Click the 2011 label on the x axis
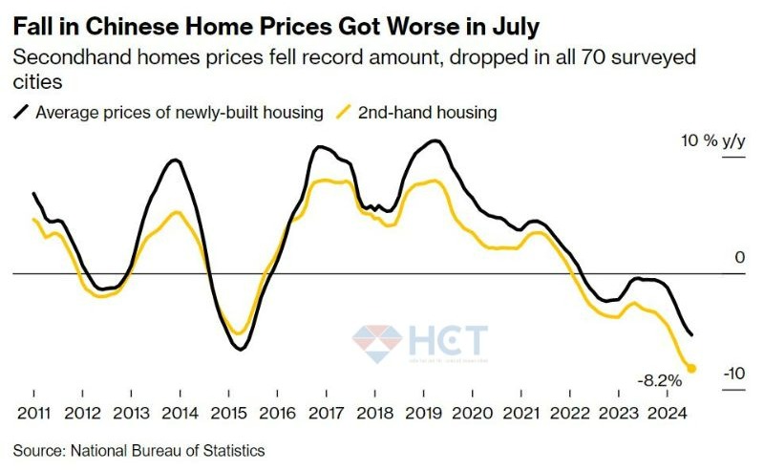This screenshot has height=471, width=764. click(33, 416)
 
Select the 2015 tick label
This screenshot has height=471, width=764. click(228, 416)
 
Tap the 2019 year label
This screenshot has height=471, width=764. click(423, 416)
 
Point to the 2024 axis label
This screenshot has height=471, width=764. click(665, 416)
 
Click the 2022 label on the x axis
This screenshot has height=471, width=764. click(568, 416)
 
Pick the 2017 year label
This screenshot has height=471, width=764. click(326, 416)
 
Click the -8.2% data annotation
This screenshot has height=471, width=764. click(660, 380)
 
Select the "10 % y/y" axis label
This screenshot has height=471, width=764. click(712, 141)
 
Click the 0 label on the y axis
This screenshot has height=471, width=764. click(738, 258)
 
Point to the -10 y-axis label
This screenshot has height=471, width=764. click(733, 373)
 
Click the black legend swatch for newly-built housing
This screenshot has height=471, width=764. click(21, 113)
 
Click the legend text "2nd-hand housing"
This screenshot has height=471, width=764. click(428, 113)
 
